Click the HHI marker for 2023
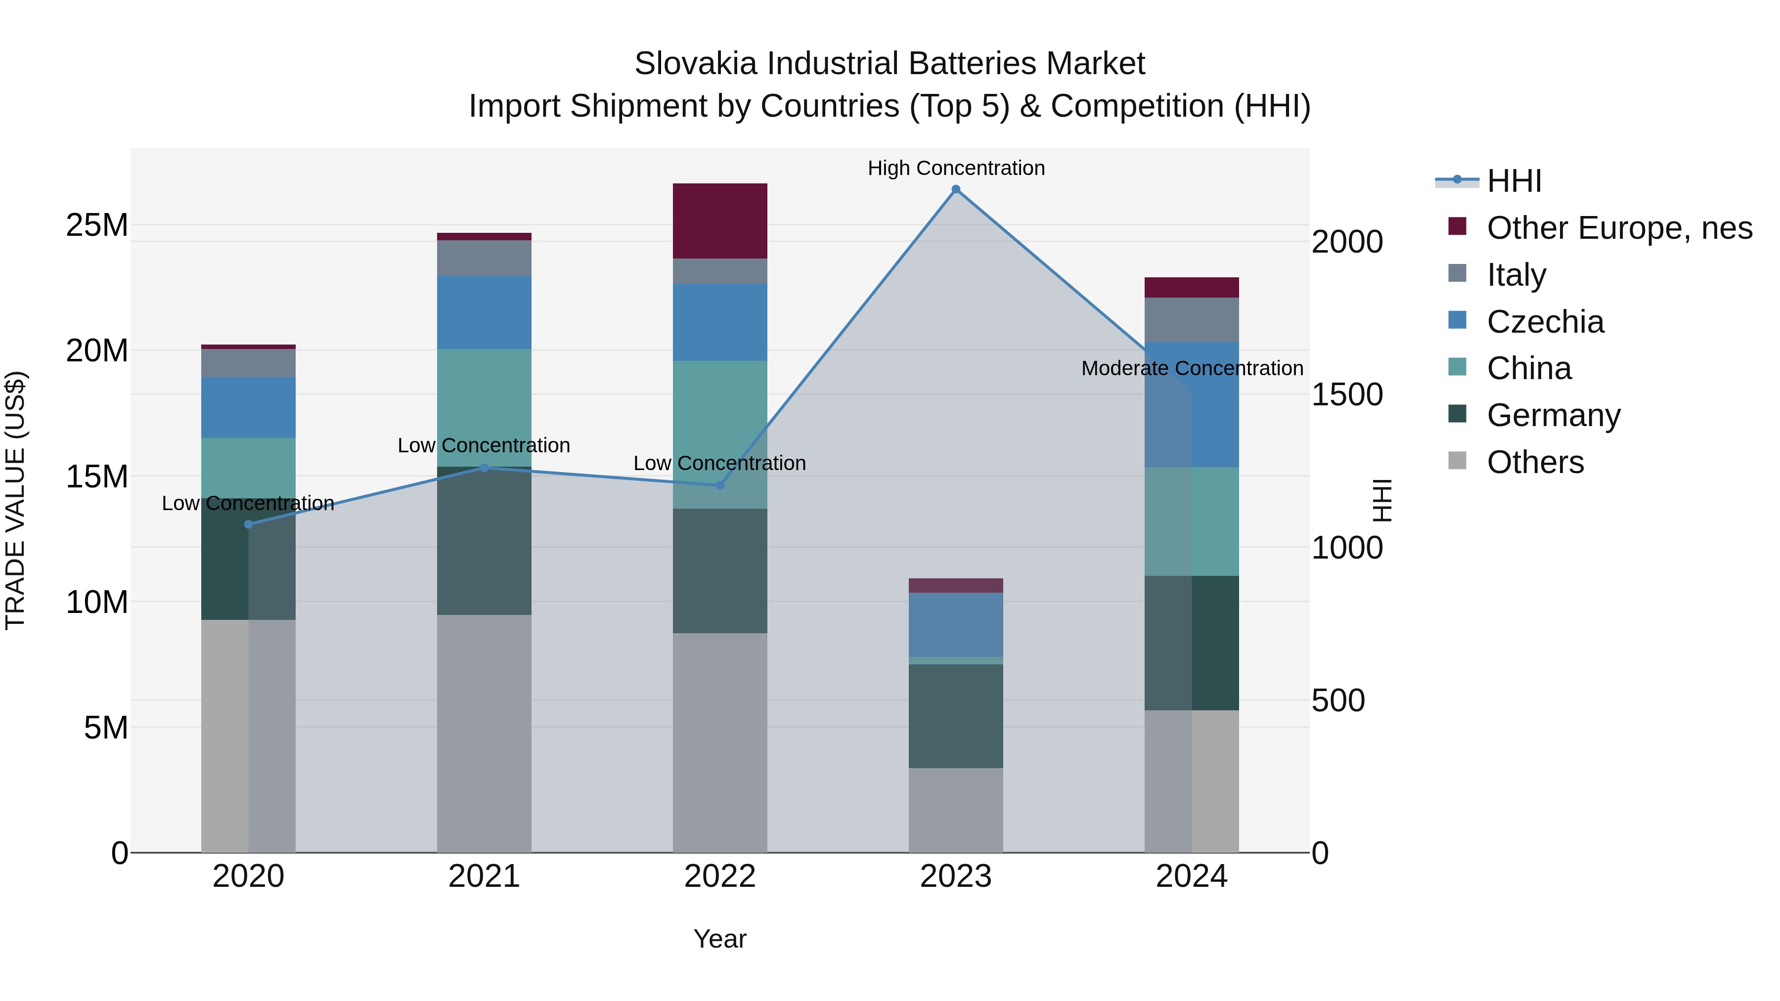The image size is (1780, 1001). click(956, 189)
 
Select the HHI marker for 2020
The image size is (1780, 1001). click(249, 524)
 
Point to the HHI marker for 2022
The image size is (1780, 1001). click(720, 485)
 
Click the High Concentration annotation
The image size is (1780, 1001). click(956, 168)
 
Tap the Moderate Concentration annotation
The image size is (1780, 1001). click(1192, 368)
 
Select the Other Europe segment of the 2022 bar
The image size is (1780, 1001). click(720, 221)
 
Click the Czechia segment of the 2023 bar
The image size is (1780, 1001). click(956, 624)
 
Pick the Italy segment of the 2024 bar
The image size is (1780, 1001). click(1192, 320)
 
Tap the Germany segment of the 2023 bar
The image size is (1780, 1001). click(956, 716)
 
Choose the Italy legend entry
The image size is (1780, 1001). click(1516, 275)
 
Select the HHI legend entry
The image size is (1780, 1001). click(1514, 181)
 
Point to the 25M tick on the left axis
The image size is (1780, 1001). click(97, 225)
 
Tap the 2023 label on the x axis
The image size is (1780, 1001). click(956, 876)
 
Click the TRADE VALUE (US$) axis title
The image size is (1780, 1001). click(16, 500)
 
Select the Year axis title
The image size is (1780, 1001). click(720, 939)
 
